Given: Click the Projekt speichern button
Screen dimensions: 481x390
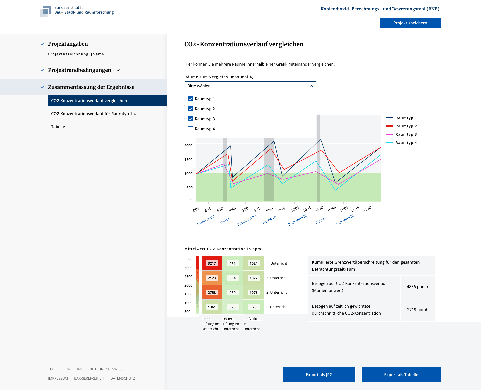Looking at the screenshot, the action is [x=410, y=23].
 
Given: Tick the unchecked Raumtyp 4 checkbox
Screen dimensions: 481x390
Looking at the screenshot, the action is [x=190, y=129].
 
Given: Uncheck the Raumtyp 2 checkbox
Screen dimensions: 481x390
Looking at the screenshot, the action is [x=190, y=109].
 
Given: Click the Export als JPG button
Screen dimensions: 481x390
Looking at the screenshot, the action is [x=319, y=375].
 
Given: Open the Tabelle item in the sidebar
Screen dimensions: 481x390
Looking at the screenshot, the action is [x=58, y=127].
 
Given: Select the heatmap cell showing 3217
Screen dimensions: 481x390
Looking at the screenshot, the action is [x=212, y=263].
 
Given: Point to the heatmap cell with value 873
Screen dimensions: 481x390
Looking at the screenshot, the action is [x=233, y=307].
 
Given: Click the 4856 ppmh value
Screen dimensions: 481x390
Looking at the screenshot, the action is [x=417, y=287].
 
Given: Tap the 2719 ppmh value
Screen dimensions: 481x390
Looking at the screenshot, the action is [x=418, y=310].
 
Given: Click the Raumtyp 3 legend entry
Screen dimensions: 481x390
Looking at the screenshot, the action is [x=401, y=134].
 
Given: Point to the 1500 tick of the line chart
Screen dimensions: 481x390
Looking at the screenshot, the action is [x=188, y=160].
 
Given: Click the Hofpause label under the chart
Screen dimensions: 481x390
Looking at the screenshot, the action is [x=270, y=219].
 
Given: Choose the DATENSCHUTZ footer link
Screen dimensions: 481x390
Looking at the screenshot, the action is [x=123, y=378].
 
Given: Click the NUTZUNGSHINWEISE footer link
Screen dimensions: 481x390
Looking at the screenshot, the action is [x=107, y=369].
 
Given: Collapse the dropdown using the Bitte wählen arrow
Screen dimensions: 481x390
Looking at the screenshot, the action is [x=311, y=86].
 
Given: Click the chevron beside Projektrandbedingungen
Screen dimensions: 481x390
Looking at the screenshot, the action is [x=118, y=70].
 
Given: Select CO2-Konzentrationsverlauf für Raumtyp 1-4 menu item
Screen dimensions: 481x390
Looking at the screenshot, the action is [x=93, y=114].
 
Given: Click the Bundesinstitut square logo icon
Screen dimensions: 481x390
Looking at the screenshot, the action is [x=46, y=11].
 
